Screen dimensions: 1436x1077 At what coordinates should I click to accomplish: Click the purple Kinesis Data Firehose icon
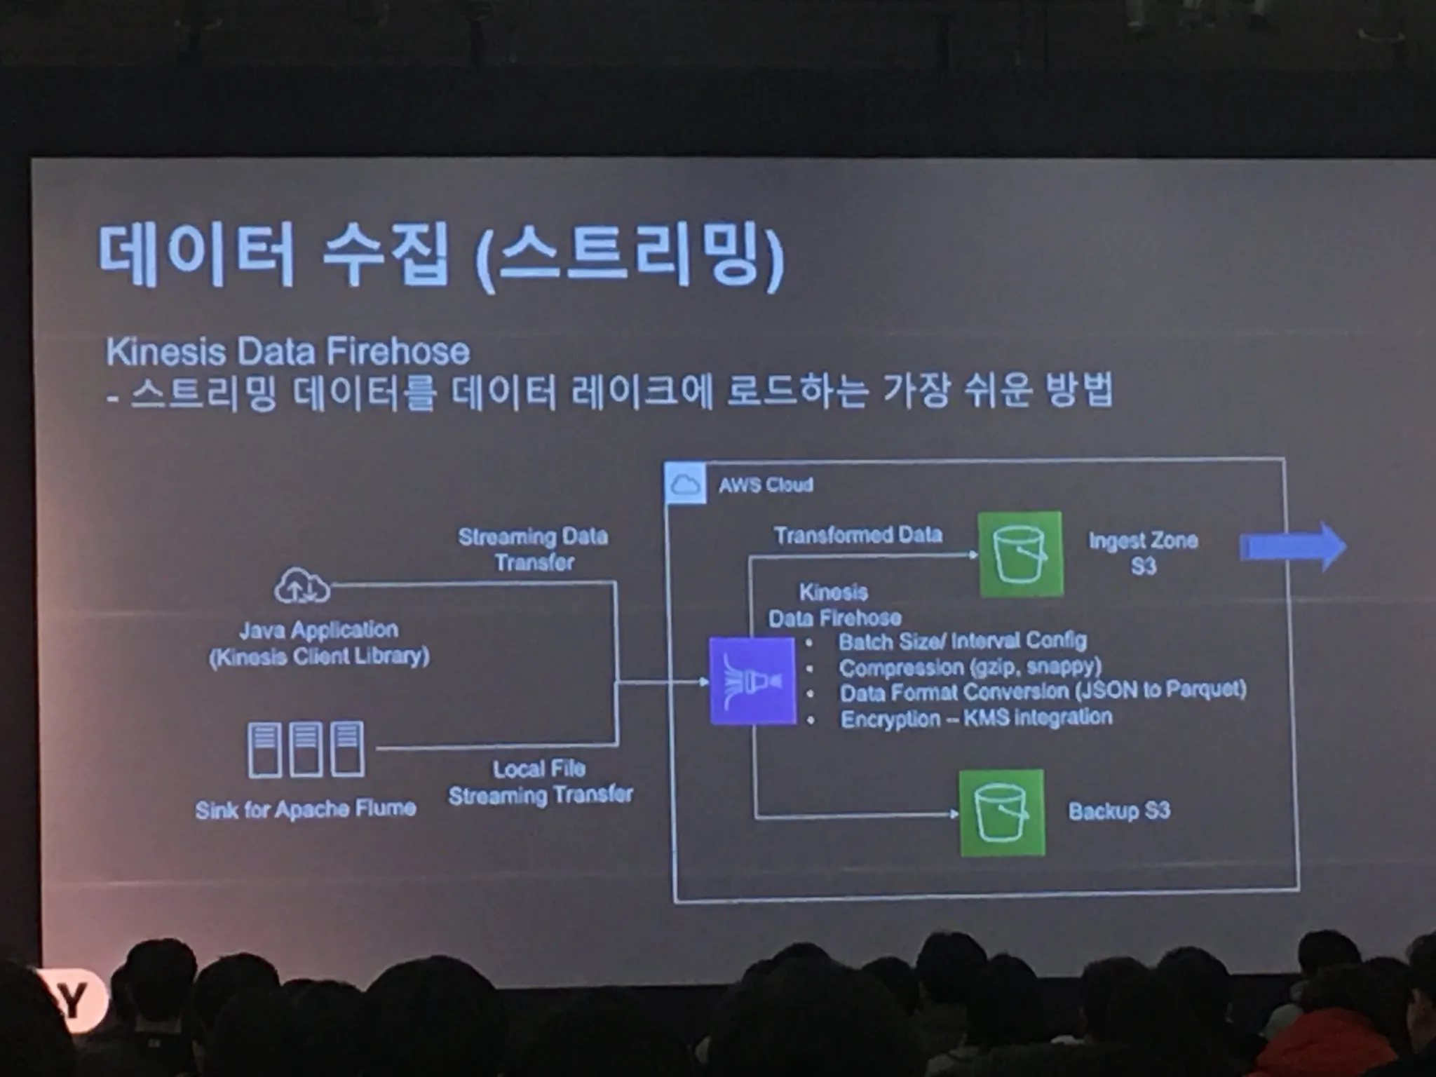[x=752, y=680]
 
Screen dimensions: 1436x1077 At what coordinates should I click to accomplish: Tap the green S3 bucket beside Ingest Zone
[x=1020, y=554]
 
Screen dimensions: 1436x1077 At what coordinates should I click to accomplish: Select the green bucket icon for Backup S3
[x=1001, y=813]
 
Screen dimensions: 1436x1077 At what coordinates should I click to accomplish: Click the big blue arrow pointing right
[x=1293, y=546]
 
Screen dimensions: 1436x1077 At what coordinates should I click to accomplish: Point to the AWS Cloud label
[x=766, y=485]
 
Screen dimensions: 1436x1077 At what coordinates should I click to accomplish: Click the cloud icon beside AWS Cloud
[x=685, y=483]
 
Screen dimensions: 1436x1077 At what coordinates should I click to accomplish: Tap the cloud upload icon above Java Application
[x=302, y=586]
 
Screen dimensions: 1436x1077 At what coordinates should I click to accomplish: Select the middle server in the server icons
[x=306, y=749]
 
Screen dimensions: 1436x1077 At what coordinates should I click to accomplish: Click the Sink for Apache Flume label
[x=306, y=810]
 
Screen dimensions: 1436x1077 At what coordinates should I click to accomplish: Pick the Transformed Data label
[x=858, y=535]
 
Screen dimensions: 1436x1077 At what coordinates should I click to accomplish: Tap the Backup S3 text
[x=1119, y=811]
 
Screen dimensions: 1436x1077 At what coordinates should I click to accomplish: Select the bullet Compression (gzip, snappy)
[x=970, y=666]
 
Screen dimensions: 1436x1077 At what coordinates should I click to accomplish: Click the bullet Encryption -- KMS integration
[x=976, y=718]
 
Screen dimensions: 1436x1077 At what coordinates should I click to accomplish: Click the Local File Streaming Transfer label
[x=540, y=782]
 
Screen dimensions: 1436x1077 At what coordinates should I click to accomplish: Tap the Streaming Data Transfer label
[x=533, y=549]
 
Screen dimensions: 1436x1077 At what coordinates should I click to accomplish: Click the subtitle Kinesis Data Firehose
[x=287, y=351]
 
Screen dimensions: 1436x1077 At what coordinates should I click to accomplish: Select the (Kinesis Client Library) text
[x=319, y=657]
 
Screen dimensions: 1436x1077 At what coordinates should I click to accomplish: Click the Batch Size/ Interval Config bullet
[x=962, y=641]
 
